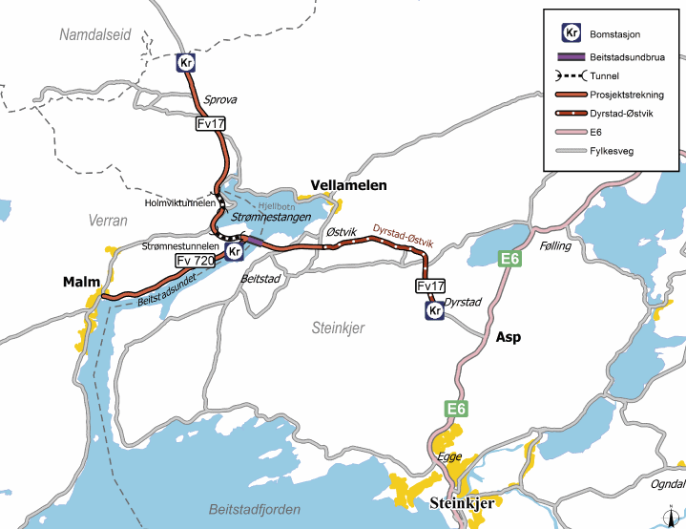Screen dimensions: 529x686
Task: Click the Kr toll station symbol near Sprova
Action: pyautogui.click(x=186, y=63)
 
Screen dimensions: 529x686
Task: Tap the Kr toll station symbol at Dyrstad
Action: pyautogui.click(x=434, y=310)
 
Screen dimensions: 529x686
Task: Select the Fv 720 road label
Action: pyautogui.click(x=195, y=260)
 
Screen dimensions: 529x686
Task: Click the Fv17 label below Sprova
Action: pyautogui.click(x=211, y=123)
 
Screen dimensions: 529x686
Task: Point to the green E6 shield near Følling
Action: pyautogui.click(x=511, y=258)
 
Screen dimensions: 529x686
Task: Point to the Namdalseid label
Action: pyautogui.click(x=96, y=35)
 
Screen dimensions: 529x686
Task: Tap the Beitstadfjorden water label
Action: pyautogui.click(x=255, y=509)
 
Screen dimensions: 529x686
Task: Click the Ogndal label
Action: pyautogui.click(x=668, y=484)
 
